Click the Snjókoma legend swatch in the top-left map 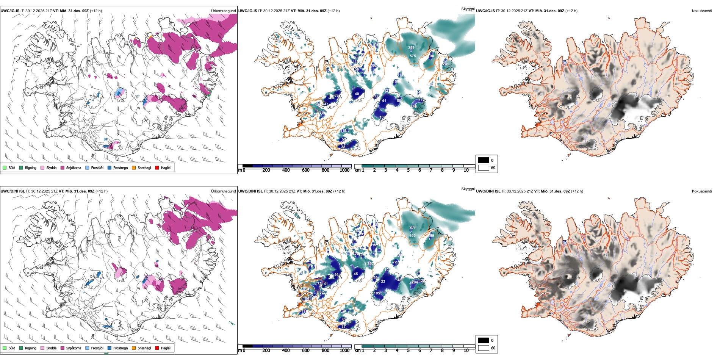point(63,167)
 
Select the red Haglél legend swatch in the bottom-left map point(157,348)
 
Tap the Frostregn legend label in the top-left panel point(121,167)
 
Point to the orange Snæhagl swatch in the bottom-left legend point(134,348)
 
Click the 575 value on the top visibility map point(413,56)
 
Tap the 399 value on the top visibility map point(411,48)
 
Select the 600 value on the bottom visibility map point(412,236)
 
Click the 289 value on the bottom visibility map point(412,227)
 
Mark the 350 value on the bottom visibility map point(370,263)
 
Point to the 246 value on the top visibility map point(413,106)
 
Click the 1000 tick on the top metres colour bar point(344,170)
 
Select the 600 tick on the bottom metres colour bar point(305,351)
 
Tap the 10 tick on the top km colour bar point(466,170)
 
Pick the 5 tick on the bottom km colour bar point(408,351)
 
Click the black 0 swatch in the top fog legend point(484,160)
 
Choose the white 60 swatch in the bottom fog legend point(484,348)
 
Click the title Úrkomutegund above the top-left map point(223,11)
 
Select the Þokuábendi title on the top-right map point(702,11)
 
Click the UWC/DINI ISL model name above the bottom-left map point(13,191)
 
